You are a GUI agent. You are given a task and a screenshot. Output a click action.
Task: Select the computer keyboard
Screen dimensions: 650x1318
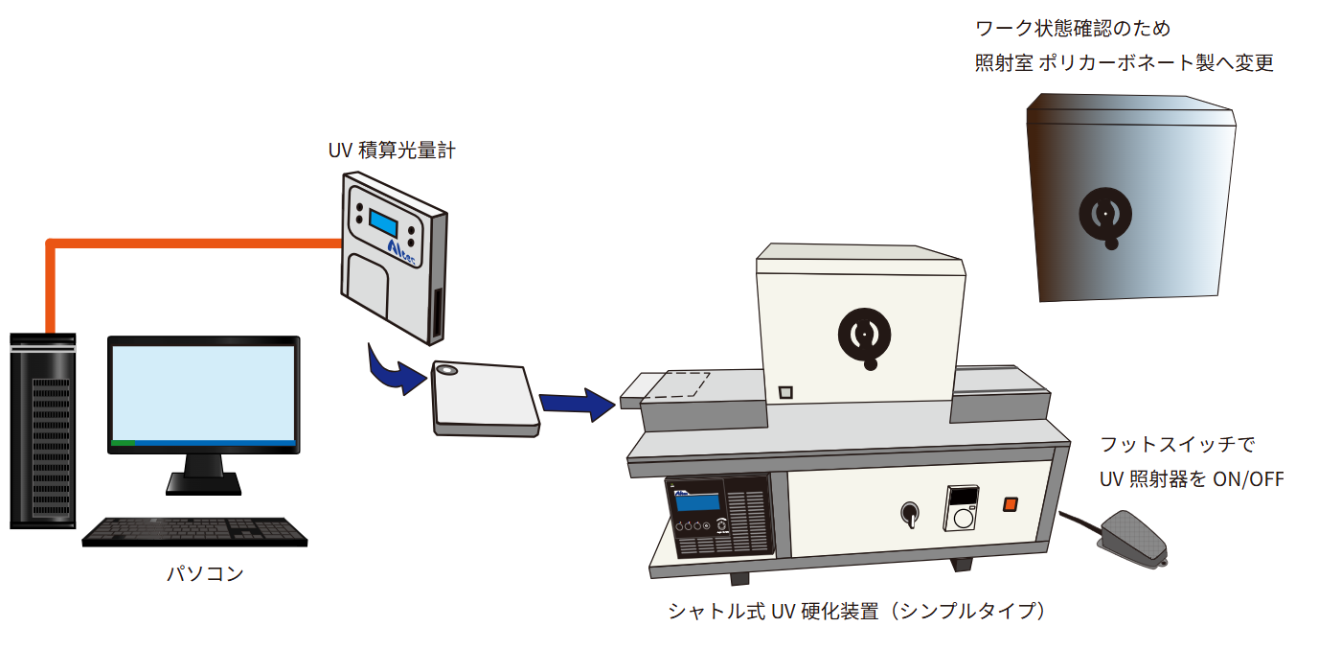point(194,531)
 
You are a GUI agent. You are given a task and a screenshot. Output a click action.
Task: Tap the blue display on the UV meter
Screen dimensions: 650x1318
point(383,224)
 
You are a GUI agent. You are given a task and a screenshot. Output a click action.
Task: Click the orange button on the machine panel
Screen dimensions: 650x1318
point(1010,505)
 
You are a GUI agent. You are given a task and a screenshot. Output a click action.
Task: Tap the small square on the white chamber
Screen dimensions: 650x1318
point(785,392)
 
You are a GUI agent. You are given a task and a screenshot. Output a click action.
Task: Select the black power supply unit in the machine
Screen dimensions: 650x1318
point(719,518)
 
